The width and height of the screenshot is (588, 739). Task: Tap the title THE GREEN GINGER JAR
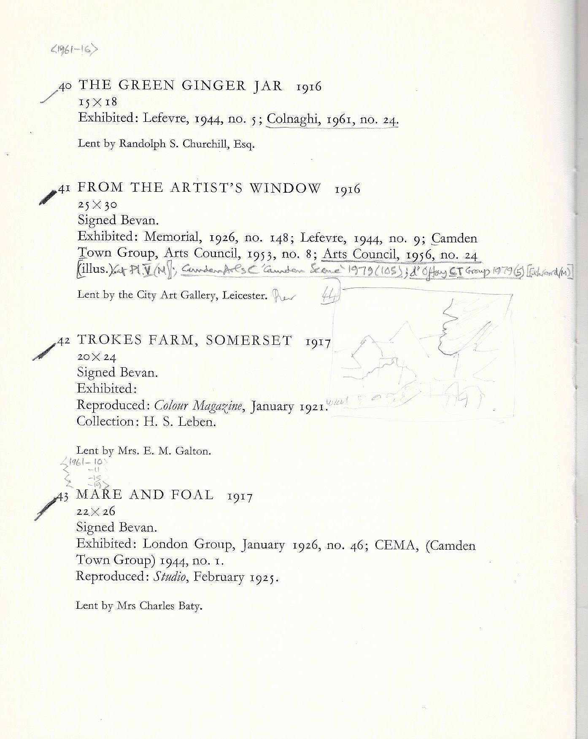tap(180, 86)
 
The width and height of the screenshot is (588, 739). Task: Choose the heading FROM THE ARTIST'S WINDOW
tap(199, 188)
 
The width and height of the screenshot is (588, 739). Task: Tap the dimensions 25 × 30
tap(97, 205)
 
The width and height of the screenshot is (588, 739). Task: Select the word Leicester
tap(247, 296)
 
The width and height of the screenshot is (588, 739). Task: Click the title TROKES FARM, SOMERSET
tap(184, 341)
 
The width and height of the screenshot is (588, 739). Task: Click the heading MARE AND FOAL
tap(145, 495)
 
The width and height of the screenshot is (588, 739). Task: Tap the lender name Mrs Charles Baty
tap(160, 606)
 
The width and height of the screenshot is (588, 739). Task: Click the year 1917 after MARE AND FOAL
tap(240, 497)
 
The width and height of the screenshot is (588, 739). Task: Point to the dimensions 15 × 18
tap(97, 102)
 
